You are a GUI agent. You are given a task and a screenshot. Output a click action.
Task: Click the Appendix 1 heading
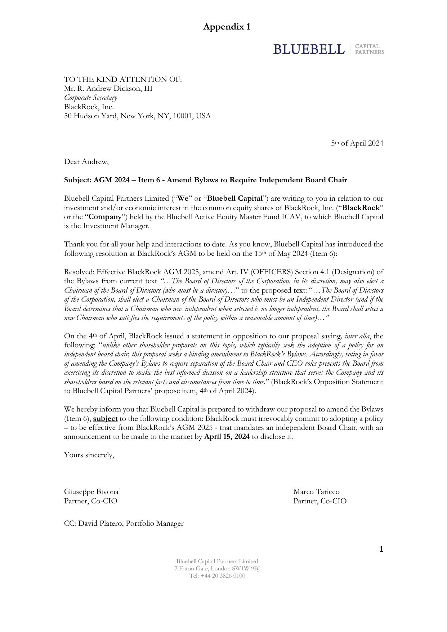227,27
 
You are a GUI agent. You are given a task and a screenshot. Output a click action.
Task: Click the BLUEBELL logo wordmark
309,49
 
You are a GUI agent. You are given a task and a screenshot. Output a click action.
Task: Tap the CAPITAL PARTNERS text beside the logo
370,49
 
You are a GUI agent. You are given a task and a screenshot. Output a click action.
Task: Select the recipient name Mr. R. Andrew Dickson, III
108,89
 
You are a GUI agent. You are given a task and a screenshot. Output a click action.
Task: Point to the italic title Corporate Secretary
90,98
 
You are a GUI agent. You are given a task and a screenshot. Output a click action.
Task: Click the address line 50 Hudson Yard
137,116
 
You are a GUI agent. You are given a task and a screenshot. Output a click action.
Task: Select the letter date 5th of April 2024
357,143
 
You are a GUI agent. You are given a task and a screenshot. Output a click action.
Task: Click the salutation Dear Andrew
86,162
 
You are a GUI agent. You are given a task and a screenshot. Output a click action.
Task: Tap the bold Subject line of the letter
205,180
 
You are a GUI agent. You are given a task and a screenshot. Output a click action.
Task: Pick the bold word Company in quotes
105,217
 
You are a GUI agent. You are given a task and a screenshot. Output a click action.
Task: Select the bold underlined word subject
105,419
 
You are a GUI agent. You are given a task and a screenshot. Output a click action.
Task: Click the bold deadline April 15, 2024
227,437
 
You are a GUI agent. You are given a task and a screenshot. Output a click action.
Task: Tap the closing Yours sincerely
89,455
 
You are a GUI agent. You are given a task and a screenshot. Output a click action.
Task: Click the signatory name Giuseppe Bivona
91,492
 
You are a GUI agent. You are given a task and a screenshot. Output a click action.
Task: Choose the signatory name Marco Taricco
316,492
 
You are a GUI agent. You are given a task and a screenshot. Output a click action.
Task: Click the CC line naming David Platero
124,524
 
